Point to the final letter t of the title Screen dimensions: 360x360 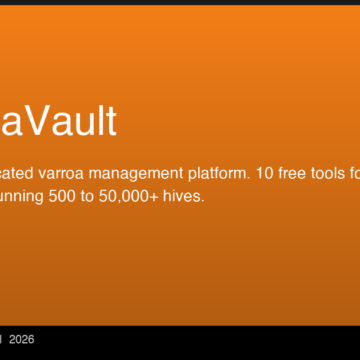click(x=111, y=120)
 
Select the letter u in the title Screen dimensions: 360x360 click(x=85, y=123)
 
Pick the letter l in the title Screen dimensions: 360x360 click(x=100, y=119)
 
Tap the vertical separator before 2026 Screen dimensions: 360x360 click(x=3, y=339)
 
